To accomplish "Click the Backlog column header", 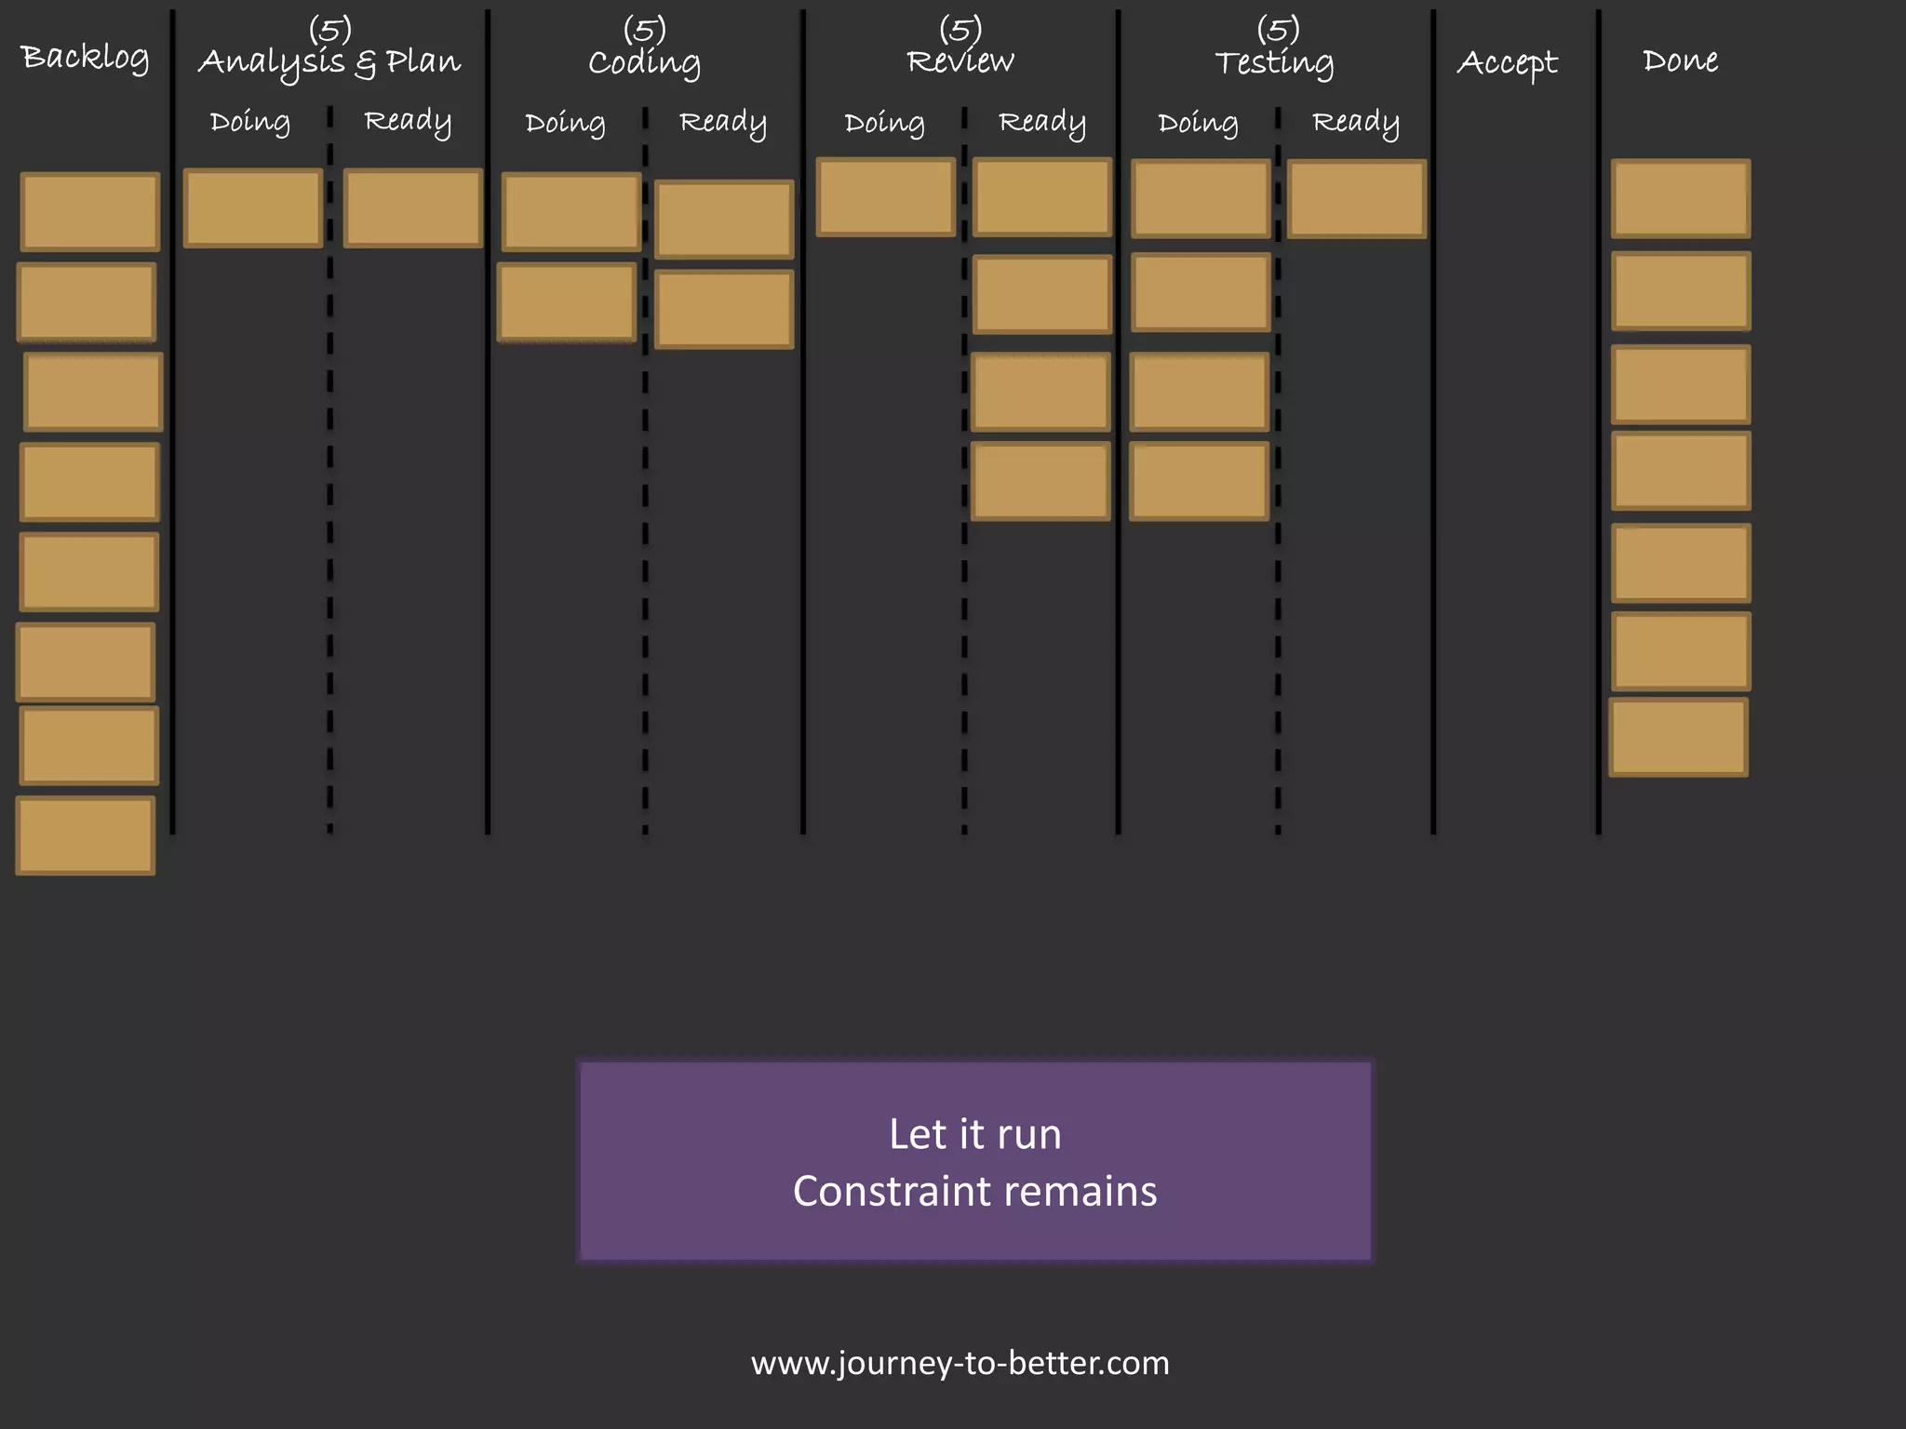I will click(x=85, y=58).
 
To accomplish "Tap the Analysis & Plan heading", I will click(x=329, y=62).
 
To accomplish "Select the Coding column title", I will click(x=644, y=62).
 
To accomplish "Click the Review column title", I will click(x=960, y=61).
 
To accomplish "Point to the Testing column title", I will click(x=1274, y=62).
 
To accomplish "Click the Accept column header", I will click(x=1507, y=62).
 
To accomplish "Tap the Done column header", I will click(x=1680, y=60).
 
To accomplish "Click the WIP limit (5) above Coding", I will click(x=644, y=29).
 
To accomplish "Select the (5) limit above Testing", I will click(x=1278, y=29).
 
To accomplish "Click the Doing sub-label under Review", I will click(x=884, y=123).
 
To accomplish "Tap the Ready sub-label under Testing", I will click(x=1355, y=123).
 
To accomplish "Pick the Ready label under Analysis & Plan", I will click(x=408, y=122).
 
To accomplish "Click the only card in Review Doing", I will click(x=885, y=197).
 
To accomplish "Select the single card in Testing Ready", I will click(x=1357, y=199).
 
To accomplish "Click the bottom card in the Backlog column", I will click(x=86, y=835).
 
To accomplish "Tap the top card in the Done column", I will click(x=1680, y=199).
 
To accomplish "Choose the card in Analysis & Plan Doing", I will click(x=253, y=208).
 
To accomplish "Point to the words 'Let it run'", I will click(x=974, y=1134).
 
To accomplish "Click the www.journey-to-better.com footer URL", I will click(x=960, y=1363).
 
